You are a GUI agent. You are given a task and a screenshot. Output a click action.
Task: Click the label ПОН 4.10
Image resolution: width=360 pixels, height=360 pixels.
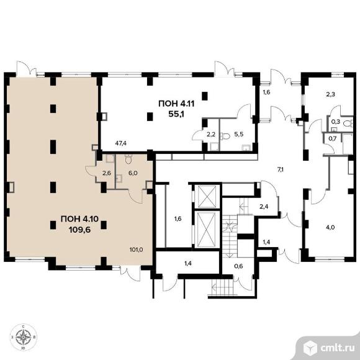(79, 219)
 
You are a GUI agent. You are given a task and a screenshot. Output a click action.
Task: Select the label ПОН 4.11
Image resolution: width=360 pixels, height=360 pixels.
(176, 104)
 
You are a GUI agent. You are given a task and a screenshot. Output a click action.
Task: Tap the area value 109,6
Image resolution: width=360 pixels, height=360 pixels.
(79, 230)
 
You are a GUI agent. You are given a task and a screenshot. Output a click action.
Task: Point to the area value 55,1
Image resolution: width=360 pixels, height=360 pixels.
(176, 114)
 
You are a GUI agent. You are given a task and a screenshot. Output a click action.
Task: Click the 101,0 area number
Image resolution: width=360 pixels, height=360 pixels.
(136, 250)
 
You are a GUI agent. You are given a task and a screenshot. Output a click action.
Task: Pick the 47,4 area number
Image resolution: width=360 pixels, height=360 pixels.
(121, 143)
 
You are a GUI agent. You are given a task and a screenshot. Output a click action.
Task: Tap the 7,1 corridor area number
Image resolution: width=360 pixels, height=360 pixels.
(281, 169)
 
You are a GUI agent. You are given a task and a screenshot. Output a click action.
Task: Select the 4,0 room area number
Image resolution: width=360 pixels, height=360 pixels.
(330, 228)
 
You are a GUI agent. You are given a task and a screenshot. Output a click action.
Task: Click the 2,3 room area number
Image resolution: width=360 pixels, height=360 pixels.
(330, 94)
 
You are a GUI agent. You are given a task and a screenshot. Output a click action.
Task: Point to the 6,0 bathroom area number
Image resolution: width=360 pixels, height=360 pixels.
(133, 173)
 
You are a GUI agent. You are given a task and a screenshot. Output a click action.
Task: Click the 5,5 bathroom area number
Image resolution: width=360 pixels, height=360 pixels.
(239, 135)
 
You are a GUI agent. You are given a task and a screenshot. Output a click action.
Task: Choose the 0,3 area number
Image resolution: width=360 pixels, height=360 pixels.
(336, 122)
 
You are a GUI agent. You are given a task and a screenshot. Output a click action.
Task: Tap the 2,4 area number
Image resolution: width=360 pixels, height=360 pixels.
(264, 207)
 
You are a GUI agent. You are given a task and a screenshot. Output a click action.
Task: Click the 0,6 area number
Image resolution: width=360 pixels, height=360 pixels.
(239, 266)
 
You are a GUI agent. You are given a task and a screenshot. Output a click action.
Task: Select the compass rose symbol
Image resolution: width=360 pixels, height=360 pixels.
(24, 337)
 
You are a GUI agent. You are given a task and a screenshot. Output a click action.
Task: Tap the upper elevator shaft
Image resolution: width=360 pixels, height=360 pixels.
(207, 197)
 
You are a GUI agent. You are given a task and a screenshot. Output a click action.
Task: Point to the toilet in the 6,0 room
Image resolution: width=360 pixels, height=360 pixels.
(128, 159)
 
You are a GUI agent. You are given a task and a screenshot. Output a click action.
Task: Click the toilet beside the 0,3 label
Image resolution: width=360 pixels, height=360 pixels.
(348, 124)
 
